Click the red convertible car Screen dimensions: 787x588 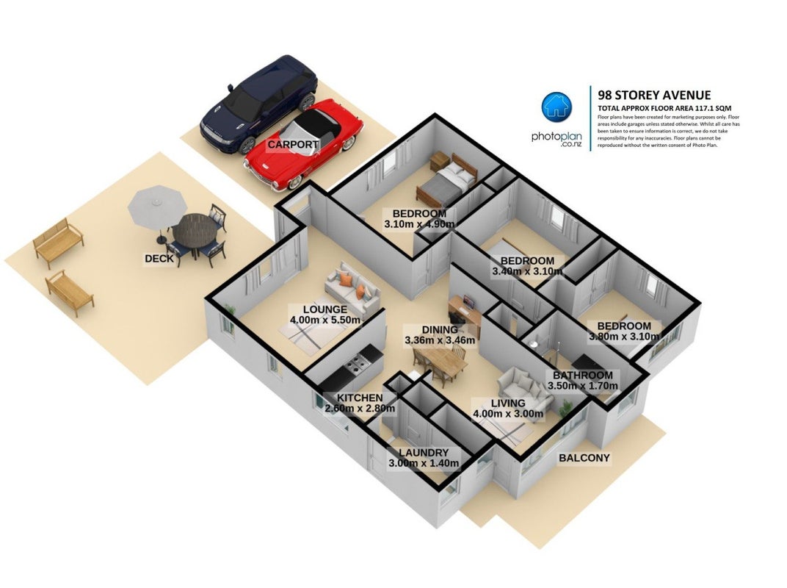(304, 145)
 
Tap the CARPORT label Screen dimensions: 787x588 (293, 145)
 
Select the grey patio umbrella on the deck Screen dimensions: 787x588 (158, 206)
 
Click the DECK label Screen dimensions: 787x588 (159, 258)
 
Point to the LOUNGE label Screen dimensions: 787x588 (325, 309)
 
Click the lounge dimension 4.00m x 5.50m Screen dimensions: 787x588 (325, 320)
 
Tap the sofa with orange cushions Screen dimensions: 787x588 (352, 288)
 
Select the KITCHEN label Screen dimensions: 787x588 (360, 398)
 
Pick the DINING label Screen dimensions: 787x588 (440, 330)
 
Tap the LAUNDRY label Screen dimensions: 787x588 (424, 453)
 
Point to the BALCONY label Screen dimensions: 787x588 (584, 458)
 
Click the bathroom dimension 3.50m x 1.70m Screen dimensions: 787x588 (583, 386)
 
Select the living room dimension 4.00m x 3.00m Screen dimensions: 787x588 (508, 414)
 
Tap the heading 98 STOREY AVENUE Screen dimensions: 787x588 (655, 95)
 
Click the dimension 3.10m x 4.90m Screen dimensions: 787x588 (420, 224)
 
